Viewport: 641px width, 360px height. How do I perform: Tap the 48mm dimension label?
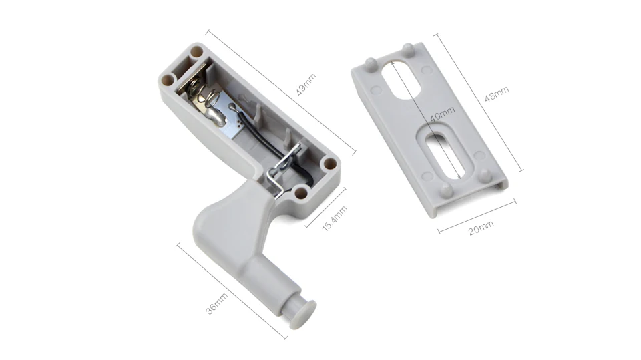(496, 94)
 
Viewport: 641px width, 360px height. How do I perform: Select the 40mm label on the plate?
(442, 114)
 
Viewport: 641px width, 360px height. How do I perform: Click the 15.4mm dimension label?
(335, 218)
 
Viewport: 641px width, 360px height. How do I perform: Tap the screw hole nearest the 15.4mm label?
(301, 193)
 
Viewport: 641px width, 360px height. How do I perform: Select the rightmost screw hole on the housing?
(329, 163)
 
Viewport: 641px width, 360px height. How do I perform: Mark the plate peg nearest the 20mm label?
(447, 190)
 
